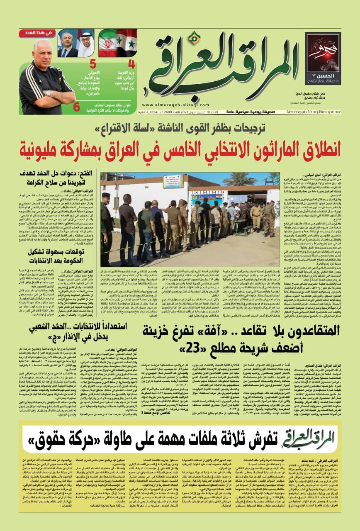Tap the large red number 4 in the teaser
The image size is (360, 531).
point(131,65)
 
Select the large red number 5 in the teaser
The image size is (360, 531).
point(93,64)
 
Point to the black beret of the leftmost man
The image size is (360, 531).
point(106,195)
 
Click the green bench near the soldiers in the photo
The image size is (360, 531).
point(247,230)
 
